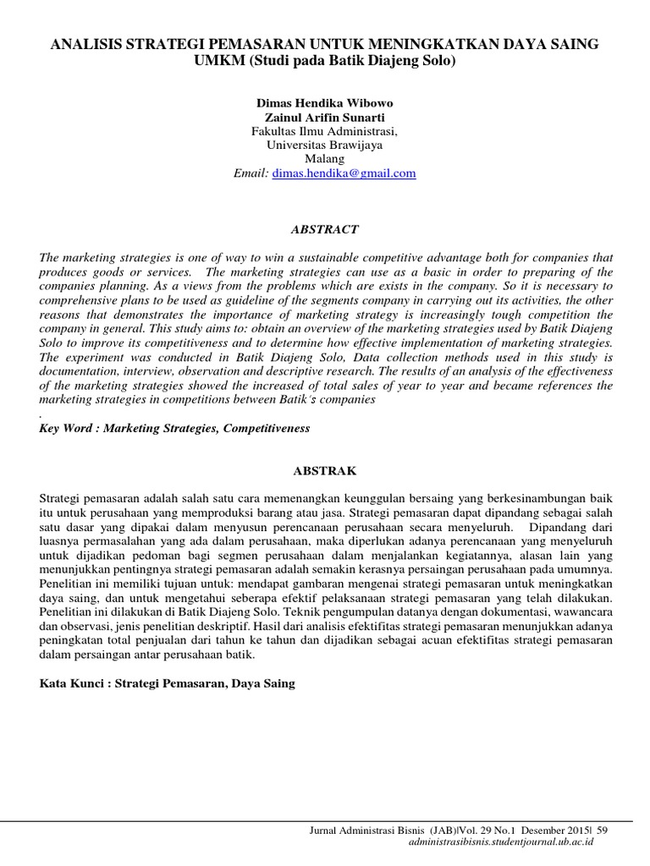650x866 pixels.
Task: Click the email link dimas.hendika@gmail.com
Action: [344, 173]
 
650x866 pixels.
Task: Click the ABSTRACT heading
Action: [325, 229]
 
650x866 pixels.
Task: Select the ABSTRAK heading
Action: [325, 469]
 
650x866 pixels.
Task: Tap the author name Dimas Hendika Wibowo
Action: [325, 103]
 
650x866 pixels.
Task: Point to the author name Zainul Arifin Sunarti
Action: [325, 118]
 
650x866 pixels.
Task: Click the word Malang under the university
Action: [325, 159]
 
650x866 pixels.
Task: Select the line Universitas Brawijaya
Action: [325, 145]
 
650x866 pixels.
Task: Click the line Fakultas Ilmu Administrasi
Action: [325, 131]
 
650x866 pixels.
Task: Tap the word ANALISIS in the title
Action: [85, 46]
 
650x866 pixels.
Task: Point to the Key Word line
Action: [175, 429]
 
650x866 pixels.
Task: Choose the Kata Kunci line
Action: [168, 683]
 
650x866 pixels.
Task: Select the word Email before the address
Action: [251, 173]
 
